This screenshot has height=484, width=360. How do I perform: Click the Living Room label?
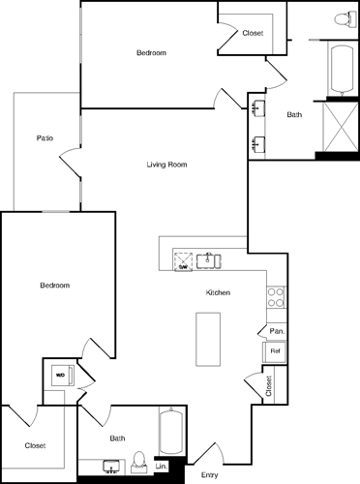click(x=166, y=165)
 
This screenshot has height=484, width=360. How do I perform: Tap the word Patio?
click(x=45, y=138)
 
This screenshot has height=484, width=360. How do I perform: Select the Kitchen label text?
click(x=218, y=292)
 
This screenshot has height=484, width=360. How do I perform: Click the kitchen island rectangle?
click(x=209, y=339)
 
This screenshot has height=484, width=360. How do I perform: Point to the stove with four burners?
click(x=276, y=296)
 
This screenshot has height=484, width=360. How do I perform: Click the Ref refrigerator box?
click(x=275, y=350)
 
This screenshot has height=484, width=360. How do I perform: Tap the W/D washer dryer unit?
click(x=59, y=374)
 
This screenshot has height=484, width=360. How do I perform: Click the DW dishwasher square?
click(x=182, y=259)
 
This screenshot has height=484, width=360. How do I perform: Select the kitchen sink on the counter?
click(x=209, y=259)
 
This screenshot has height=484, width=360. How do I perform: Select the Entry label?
click(x=209, y=475)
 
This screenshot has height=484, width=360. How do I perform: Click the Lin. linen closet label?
click(x=162, y=467)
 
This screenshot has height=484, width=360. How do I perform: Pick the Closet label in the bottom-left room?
click(x=35, y=445)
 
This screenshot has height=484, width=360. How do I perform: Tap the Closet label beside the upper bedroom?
click(x=254, y=32)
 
